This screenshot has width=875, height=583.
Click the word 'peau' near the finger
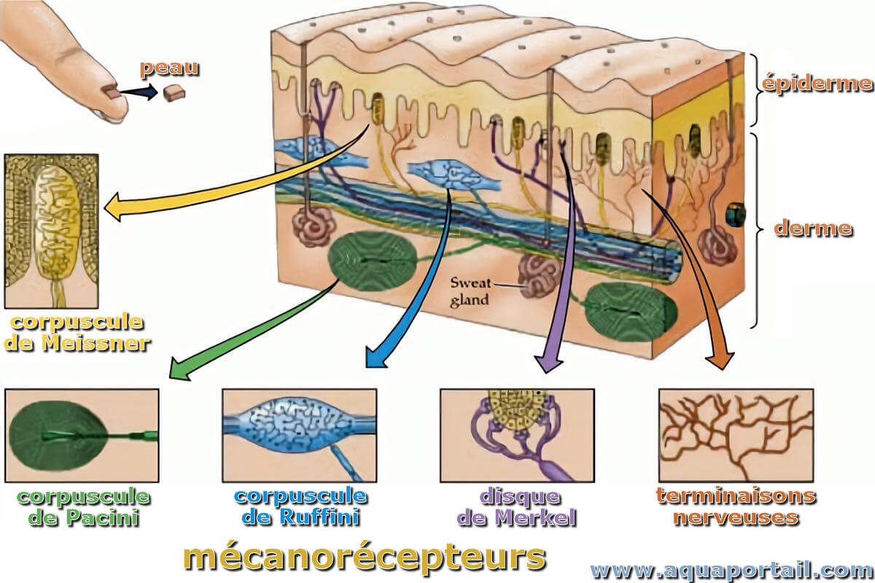click(169, 69)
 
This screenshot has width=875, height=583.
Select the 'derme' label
click(813, 228)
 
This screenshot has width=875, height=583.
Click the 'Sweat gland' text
click(470, 291)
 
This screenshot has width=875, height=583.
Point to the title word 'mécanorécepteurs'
click(364, 557)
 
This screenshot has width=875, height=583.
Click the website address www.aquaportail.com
click(731, 571)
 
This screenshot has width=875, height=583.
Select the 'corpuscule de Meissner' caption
click(77, 333)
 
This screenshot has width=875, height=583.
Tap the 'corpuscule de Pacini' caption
click(83, 508)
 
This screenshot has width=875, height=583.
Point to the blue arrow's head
click(375, 359)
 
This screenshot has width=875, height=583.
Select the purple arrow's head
click(548, 363)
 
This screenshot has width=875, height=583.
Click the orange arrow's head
click(720, 361)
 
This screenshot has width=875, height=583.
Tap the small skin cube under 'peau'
click(174, 93)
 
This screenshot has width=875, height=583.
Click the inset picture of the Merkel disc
click(517, 435)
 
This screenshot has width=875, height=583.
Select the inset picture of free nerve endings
click(736, 435)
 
